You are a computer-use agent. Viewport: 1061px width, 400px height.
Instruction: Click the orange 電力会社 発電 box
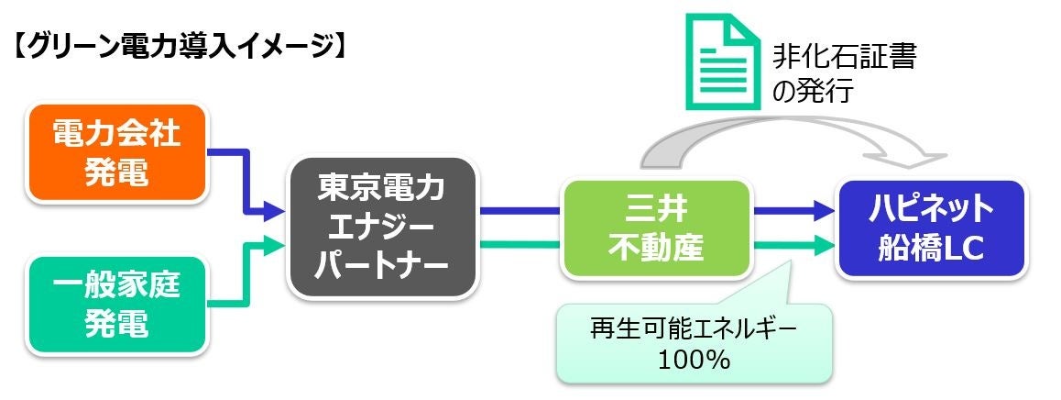117,153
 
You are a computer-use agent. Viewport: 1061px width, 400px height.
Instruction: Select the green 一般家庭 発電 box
117,304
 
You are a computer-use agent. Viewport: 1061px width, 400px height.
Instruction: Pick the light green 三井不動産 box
655,228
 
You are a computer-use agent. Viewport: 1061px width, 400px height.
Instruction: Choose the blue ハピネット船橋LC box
930,228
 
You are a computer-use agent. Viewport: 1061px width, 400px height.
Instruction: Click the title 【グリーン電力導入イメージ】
178,47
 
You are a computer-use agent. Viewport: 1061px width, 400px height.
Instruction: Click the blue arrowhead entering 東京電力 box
278,212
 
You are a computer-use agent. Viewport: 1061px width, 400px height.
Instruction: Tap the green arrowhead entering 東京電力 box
278,245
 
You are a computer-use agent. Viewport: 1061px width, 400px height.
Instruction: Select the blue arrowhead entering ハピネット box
824,212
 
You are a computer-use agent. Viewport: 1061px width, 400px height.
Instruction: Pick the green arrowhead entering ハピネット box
824,244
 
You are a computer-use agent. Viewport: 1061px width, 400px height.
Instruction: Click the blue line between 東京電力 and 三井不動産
520,212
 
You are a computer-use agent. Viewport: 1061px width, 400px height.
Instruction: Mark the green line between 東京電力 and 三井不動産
520,244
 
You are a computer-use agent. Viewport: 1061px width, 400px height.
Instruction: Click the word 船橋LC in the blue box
930,248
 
